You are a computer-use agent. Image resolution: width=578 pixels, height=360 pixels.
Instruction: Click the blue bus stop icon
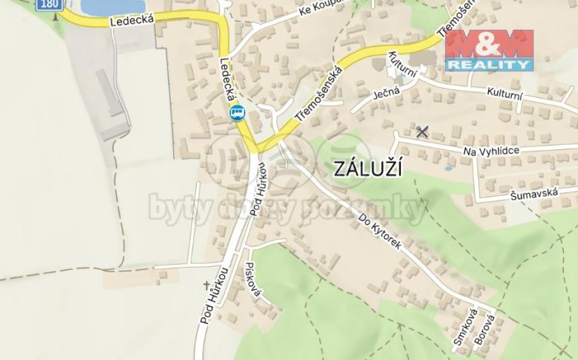click(x=237, y=114)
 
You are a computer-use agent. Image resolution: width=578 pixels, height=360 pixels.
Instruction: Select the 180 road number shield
click(x=48, y=5)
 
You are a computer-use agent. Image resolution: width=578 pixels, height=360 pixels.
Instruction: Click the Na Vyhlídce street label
click(x=493, y=152)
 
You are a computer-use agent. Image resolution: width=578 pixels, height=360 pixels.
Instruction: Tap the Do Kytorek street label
click(x=380, y=235)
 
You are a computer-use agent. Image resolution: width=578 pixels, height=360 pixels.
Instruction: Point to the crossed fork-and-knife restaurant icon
click(x=421, y=132)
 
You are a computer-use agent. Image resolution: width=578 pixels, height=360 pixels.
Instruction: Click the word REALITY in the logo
click(x=489, y=65)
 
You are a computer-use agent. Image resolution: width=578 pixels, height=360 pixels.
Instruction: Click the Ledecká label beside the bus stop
click(x=228, y=82)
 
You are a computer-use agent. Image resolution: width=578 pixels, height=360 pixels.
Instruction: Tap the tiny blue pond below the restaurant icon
click(x=448, y=167)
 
